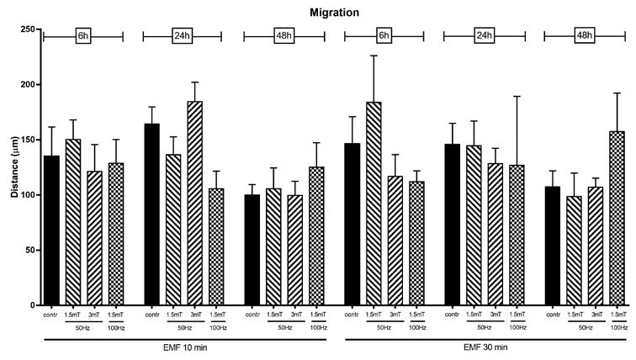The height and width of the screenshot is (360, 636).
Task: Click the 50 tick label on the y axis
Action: tap(26, 250)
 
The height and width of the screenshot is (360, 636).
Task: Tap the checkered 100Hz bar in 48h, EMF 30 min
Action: tap(617, 218)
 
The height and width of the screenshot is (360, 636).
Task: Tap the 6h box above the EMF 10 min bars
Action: tap(82, 36)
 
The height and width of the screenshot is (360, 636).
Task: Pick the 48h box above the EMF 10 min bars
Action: tap(283, 36)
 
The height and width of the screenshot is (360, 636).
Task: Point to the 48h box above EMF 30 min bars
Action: tap(584, 36)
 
